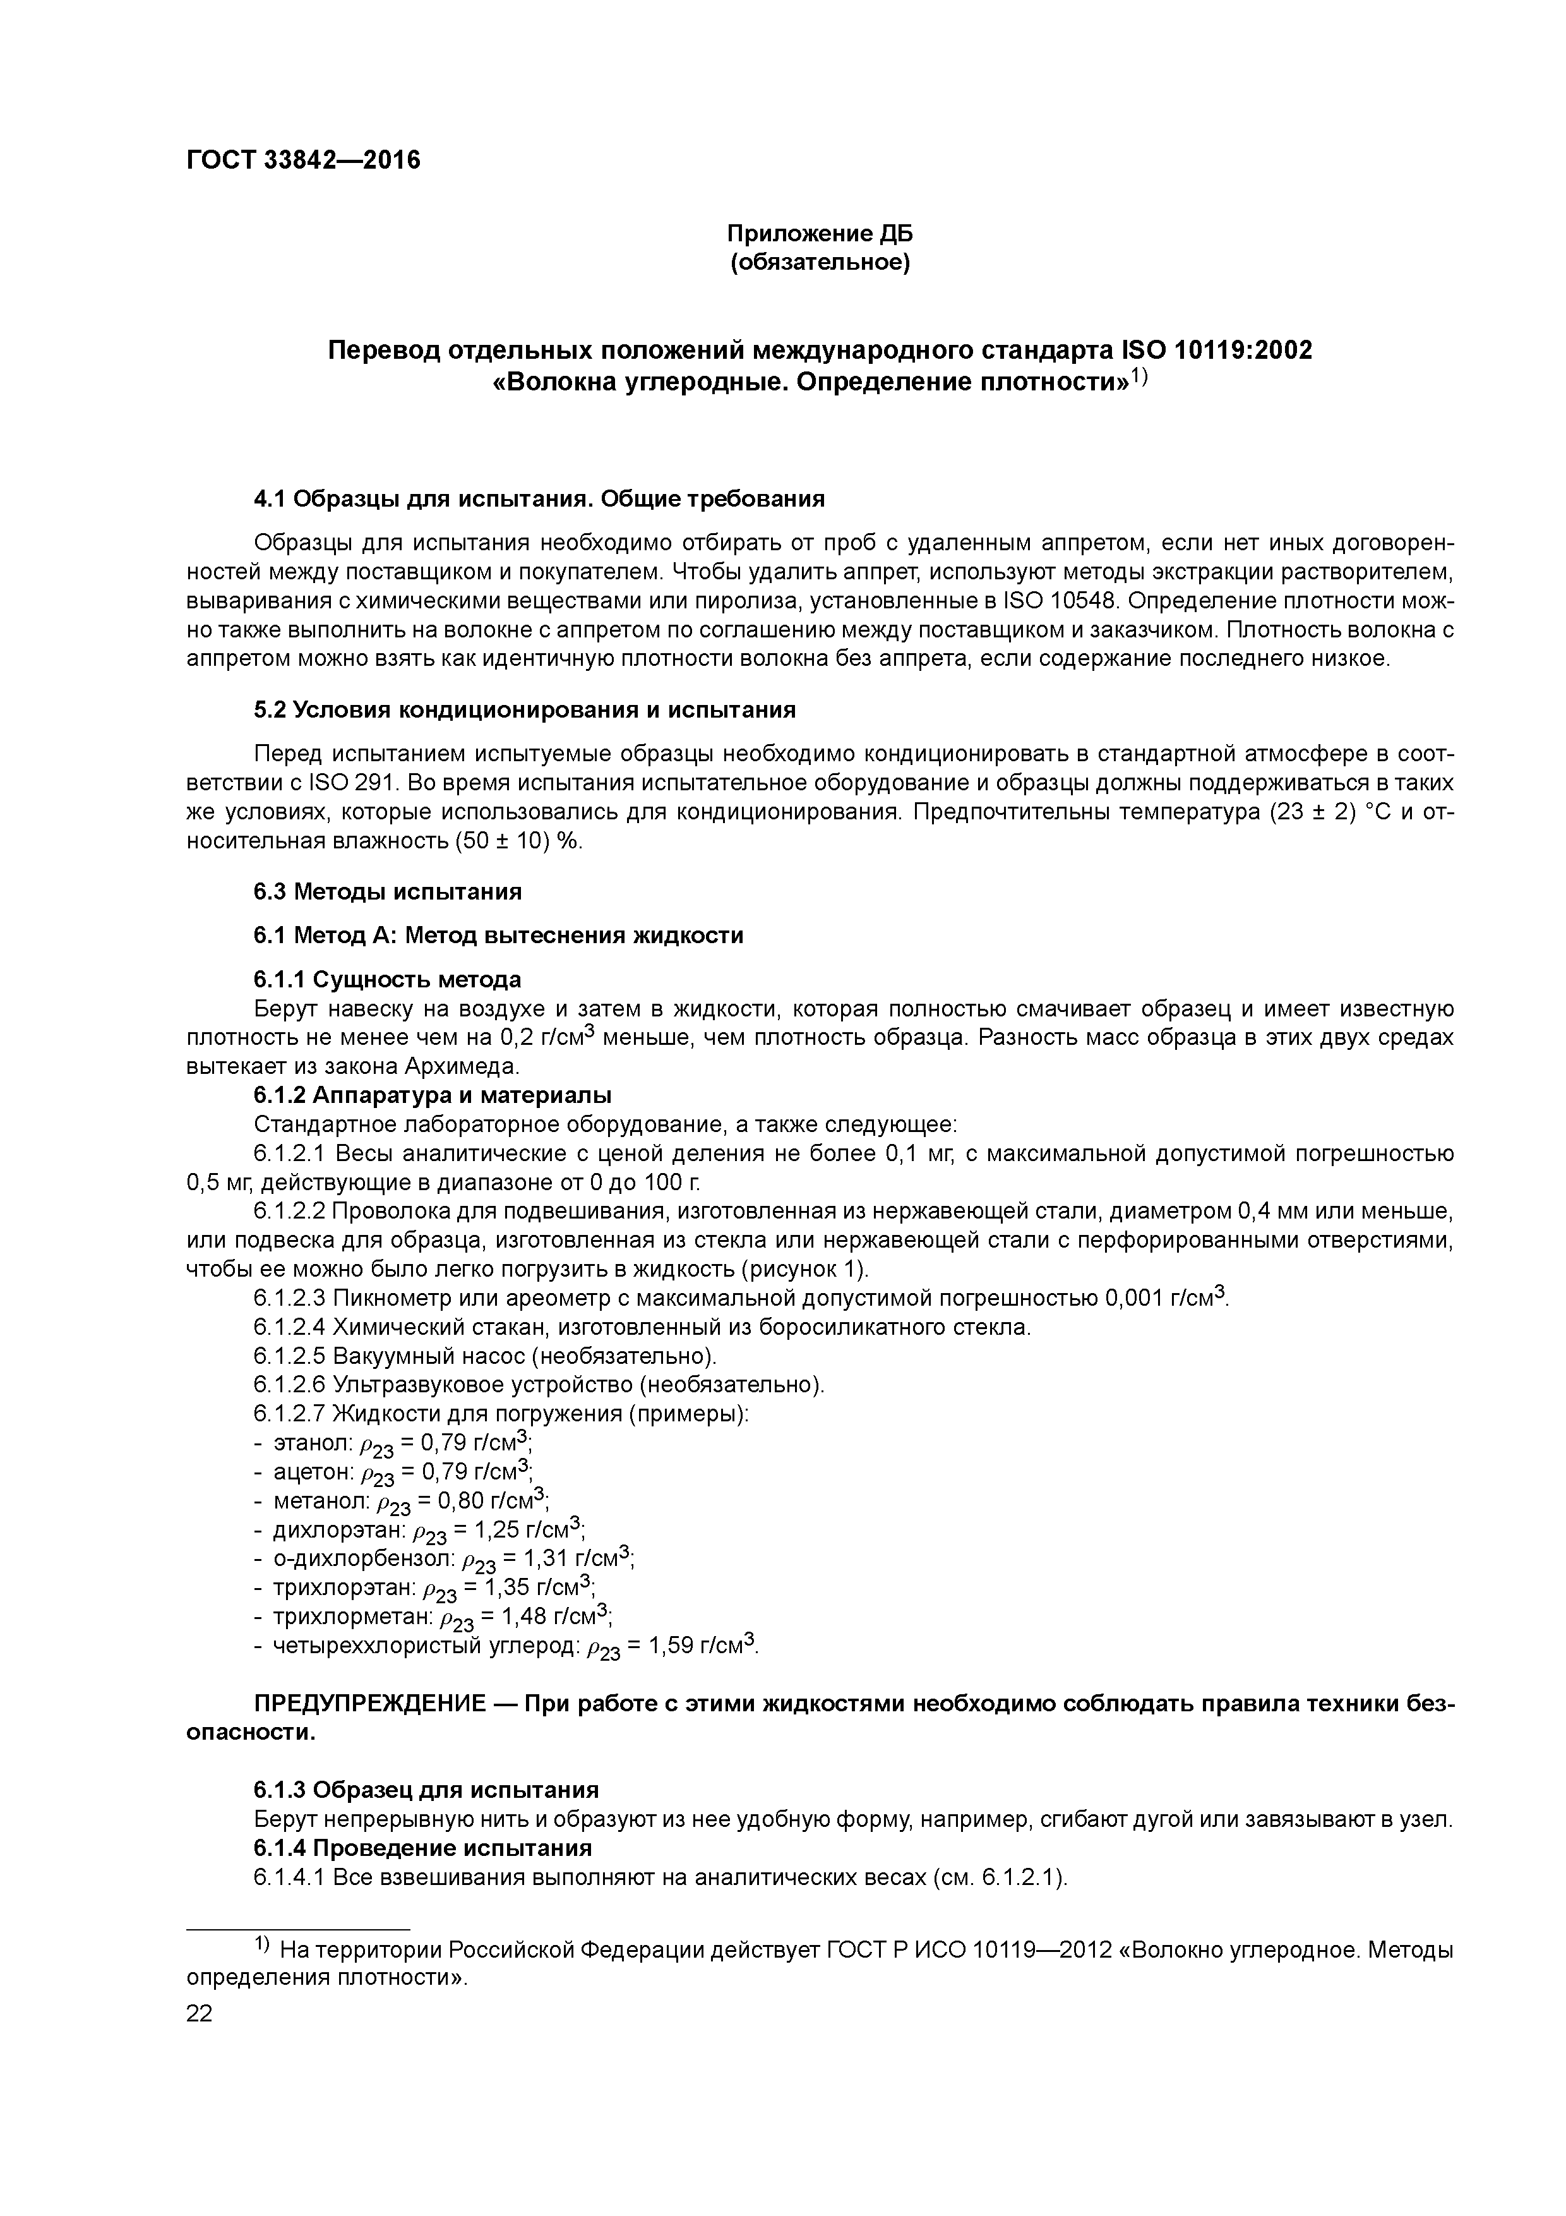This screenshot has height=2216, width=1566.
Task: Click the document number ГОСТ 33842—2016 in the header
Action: pos(303,160)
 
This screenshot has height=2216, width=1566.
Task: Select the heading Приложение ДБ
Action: pos(819,234)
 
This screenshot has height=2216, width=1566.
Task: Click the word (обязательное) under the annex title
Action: pos(819,263)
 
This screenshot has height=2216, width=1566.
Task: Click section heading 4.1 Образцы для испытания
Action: pos(539,499)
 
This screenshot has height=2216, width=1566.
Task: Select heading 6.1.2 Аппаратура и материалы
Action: pos(433,1095)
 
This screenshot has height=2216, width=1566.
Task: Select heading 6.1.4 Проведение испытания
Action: pos(422,1848)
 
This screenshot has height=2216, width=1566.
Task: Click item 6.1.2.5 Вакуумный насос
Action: pos(486,1356)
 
